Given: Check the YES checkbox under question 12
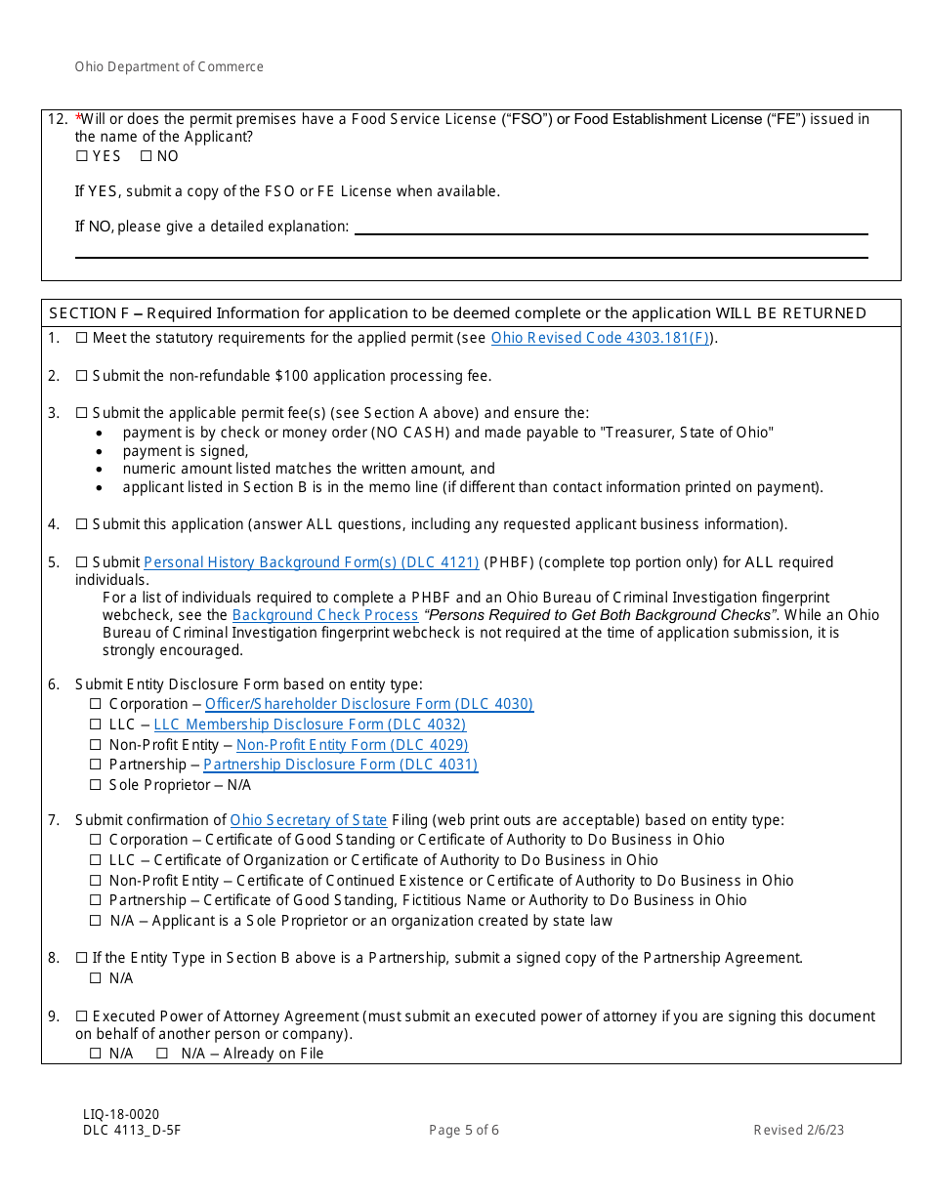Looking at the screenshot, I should [81, 156].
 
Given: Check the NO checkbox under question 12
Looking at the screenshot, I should [146, 156].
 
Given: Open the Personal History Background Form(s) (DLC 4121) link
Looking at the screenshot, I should [311, 562].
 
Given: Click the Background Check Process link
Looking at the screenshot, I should [325, 615].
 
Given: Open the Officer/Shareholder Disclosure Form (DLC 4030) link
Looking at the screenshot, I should [369, 704].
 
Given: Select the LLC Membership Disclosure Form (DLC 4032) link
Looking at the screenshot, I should [310, 725].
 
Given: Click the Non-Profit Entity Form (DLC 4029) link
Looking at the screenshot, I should [352, 745].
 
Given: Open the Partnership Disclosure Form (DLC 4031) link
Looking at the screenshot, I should [340, 765].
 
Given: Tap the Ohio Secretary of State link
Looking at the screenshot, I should [309, 820].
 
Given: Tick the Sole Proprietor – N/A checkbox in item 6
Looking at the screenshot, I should [96, 785].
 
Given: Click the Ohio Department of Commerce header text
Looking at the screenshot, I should [169, 67].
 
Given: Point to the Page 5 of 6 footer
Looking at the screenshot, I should [464, 1131].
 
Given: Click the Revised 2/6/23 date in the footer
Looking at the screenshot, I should [798, 1131].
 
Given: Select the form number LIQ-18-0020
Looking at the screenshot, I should [121, 1114].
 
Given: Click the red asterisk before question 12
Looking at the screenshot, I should [78, 117].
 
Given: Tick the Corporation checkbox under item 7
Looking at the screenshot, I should [96, 840].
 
